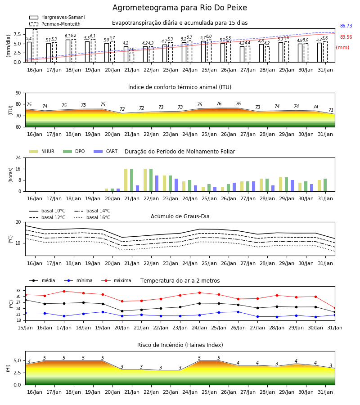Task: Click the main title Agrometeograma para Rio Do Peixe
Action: pos(180,8)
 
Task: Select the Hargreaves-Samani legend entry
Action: pos(57,17)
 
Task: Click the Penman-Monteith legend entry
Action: pos(55,24)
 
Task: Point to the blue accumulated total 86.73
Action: pos(346,26)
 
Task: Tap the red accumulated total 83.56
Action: pos(346,37)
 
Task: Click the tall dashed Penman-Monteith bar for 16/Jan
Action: pos(35,46)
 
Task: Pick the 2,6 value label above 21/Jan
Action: pos(131,49)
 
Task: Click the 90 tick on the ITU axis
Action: pos(18,93)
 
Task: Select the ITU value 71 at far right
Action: pos(331,110)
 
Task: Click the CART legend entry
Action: pos(106,151)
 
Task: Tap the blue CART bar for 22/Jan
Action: pos(157,184)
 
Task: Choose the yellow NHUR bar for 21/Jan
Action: pos(126,180)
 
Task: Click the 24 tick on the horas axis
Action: pos(18,157)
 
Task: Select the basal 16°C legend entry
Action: pos(92,217)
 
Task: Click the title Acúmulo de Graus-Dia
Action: pos(180,216)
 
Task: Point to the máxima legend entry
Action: pos(117,280)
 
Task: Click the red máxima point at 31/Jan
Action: pos(335,308)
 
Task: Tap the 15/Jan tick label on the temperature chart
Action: pos(25,328)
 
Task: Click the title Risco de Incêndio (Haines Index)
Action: pos(180,345)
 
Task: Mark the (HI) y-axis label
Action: pos(8,368)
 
